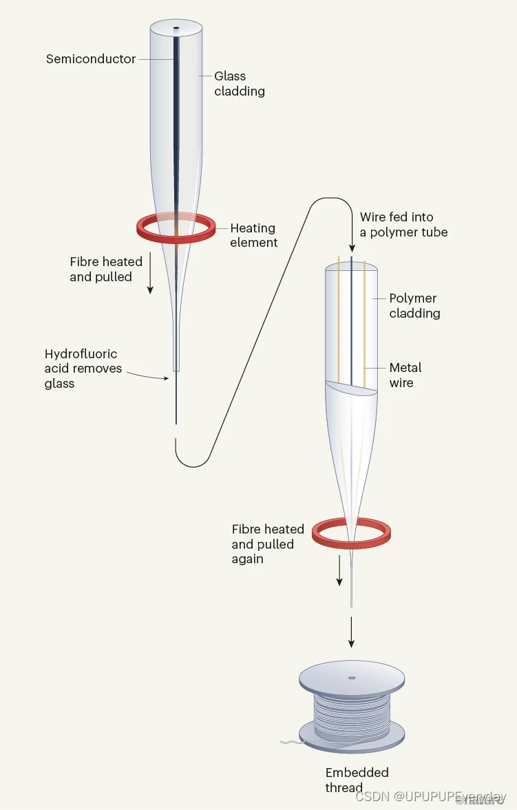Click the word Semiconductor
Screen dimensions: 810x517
click(91, 59)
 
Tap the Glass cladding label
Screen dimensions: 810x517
click(239, 83)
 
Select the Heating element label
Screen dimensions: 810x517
click(253, 235)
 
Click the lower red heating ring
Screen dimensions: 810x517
click(321, 532)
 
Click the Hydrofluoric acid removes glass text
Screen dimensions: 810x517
click(83, 369)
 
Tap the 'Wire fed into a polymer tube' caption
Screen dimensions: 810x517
click(403, 225)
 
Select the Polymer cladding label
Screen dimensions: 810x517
click(414, 305)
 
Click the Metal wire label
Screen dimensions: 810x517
click(405, 375)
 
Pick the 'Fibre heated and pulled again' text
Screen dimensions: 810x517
click(267, 544)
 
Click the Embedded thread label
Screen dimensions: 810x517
click(357, 780)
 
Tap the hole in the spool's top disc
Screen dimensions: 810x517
click(352, 678)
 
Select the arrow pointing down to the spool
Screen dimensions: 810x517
click(352, 633)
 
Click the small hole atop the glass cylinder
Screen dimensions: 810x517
click(176, 29)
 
